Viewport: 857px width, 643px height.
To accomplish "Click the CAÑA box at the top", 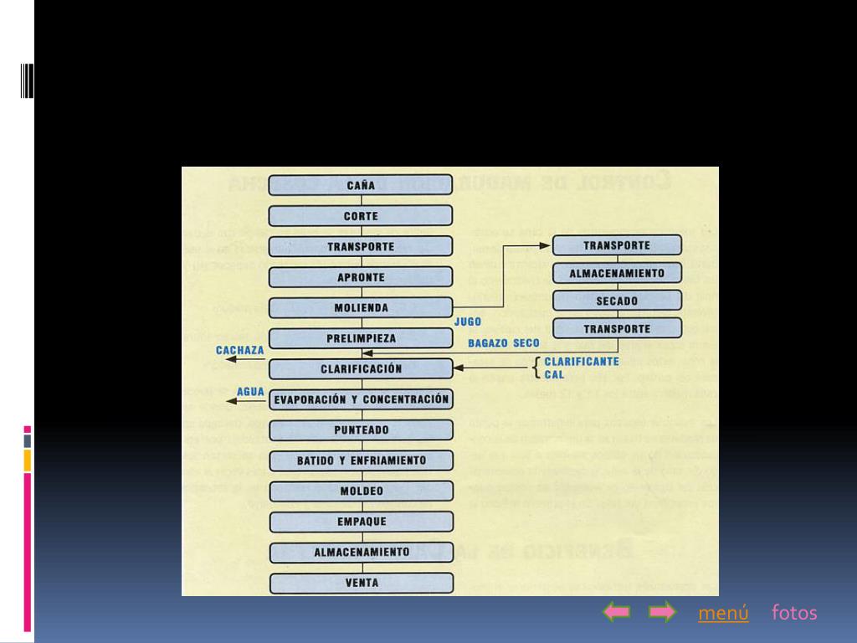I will point(361,186).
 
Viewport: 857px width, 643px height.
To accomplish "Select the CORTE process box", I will point(361,216).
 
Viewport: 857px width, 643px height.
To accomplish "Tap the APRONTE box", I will point(361,277).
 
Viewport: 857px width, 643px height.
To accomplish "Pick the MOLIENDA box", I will point(361,308).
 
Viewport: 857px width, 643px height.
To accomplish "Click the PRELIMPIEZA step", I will point(361,338).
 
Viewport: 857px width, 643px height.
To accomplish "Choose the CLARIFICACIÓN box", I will point(361,368).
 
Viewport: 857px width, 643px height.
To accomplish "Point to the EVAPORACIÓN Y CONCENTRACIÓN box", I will point(361,399).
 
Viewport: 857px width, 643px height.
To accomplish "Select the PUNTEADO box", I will point(361,430).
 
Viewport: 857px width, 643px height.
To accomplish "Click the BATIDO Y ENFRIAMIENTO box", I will point(361,460).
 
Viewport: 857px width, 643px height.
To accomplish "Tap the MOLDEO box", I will point(361,491).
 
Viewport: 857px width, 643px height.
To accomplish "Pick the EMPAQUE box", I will point(361,522).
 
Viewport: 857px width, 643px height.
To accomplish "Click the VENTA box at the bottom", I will point(361,583).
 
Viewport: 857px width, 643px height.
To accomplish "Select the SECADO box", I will point(617,301).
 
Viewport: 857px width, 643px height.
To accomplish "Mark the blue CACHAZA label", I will point(240,350).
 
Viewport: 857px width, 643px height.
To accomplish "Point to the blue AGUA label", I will point(250,391).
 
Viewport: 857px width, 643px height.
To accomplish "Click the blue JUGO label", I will point(468,321).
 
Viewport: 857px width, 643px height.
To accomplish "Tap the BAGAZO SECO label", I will point(504,343).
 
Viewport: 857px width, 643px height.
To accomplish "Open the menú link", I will point(723,613).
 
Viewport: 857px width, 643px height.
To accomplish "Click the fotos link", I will point(794,613).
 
